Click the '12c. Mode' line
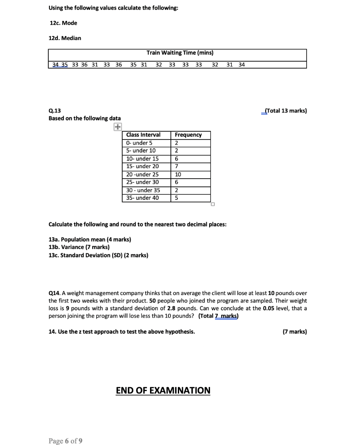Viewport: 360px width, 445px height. [63, 23]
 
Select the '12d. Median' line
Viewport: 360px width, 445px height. [65, 38]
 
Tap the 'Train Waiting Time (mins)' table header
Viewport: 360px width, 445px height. [180, 53]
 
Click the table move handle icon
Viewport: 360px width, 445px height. [117, 127]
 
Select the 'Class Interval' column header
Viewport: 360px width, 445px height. [143, 135]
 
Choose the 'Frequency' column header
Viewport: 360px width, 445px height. [188, 135]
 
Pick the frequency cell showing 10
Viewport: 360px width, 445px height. [178, 174]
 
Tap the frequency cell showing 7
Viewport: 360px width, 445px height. [177, 166]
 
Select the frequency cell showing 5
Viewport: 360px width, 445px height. [177, 198]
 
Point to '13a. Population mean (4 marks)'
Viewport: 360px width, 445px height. [90, 239]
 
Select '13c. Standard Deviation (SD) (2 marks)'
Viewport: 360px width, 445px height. [98, 255]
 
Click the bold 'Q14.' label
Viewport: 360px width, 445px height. [55, 293]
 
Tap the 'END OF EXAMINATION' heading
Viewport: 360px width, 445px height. [163, 390]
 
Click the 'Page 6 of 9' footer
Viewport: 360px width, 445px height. [65, 441]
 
